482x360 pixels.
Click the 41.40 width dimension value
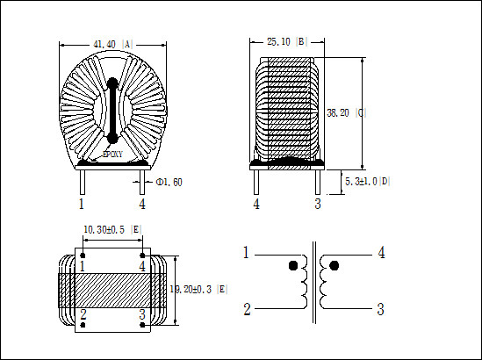(x=104, y=45)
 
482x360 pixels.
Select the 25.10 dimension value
(x=278, y=41)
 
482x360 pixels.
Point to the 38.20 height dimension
(x=338, y=113)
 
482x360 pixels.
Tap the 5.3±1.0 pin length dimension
(x=361, y=182)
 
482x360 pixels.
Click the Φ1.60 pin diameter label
(x=169, y=183)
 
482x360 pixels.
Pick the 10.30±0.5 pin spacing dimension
(x=104, y=230)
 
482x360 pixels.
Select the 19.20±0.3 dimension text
(x=191, y=289)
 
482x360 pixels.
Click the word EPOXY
(x=112, y=155)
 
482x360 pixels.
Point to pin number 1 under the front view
(x=81, y=204)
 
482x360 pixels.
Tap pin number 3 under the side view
(x=318, y=204)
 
